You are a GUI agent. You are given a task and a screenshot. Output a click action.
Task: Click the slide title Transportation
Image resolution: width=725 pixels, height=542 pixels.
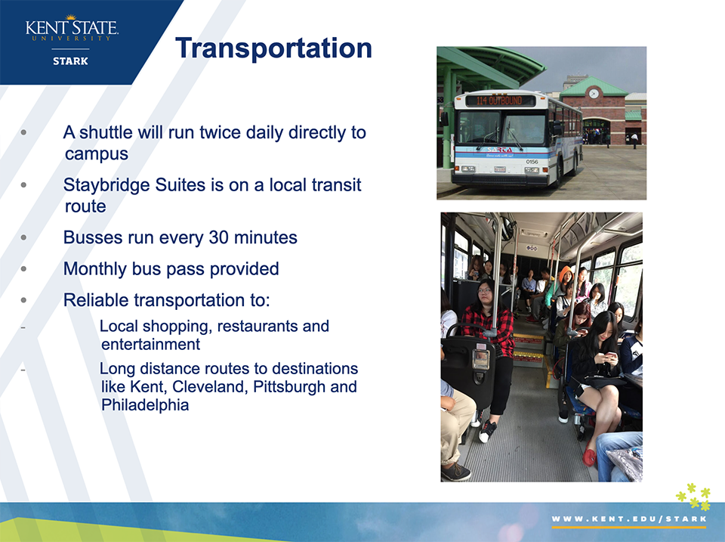click(273, 48)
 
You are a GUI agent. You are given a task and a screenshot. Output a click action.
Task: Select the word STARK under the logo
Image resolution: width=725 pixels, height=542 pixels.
click(70, 61)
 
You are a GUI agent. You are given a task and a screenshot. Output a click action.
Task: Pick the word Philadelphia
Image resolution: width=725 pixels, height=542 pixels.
click(145, 405)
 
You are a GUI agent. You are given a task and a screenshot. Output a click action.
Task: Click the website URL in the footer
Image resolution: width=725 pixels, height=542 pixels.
click(629, 519)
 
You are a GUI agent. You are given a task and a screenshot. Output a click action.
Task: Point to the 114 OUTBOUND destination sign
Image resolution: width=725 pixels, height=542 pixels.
click(499, 101)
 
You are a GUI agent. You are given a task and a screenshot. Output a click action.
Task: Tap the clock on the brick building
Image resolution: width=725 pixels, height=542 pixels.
click(594, 94)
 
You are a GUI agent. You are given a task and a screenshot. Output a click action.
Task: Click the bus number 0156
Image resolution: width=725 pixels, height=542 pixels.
click(532, 162)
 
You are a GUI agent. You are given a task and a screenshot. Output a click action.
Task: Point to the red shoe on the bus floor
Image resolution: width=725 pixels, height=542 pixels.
click(589, 457)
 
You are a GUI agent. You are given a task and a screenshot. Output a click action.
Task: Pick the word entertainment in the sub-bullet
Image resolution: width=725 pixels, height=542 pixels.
click(151, 345)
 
